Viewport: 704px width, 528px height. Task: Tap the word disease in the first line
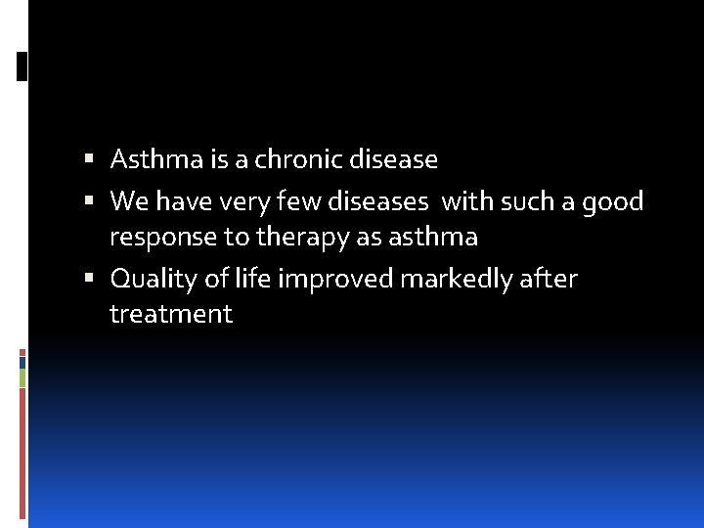(392, 158)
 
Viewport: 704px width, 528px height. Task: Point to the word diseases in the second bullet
(377, 201)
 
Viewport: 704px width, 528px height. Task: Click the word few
(301, 201)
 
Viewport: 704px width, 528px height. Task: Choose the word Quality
(153, 280)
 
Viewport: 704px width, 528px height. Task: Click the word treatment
(171, 314)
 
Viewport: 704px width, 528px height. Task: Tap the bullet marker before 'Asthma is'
(89, 158)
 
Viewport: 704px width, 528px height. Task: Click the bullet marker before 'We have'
(89, 201)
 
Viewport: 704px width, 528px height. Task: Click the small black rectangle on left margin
(22, 66)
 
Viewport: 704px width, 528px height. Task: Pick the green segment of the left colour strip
(22, 377)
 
